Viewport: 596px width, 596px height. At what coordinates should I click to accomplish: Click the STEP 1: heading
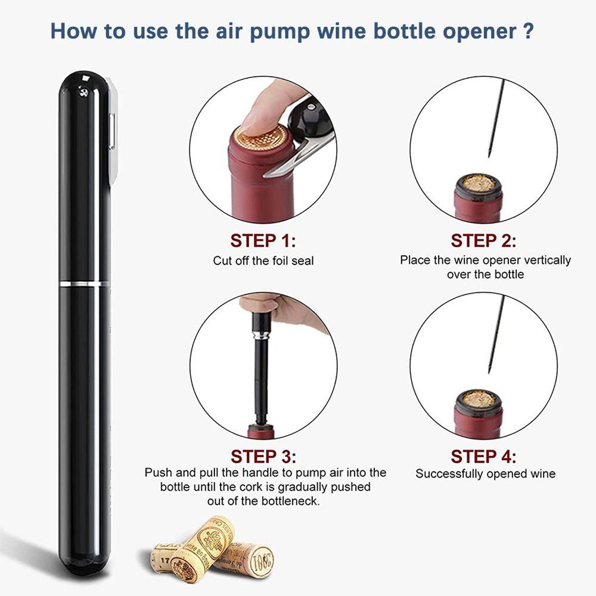coord(263,241)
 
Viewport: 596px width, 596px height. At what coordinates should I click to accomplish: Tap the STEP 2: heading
coord(483,241)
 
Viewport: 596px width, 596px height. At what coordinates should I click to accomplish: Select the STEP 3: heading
coord(263,457)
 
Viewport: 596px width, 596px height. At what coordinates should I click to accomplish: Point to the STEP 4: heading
coord(483,457)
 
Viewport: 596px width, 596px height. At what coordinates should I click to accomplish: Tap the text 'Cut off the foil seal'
coord(263,260)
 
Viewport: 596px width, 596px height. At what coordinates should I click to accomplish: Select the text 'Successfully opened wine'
coord(485,474)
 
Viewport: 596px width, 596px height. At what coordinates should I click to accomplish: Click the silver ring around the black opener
coord(85,282)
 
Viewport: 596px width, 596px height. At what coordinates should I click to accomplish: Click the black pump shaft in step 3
coord(260,381)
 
